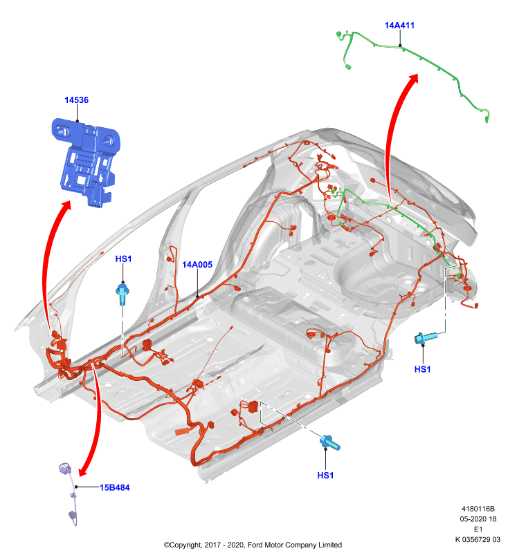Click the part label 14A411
pos(399,26)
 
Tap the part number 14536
pos(76,100)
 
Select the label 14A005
pos(197,265)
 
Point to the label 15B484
pos(114,487)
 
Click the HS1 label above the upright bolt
pos(123,259)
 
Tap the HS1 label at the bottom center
pos(325,476)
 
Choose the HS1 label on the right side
pos(422,369)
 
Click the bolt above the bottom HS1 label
pos(330,443)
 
